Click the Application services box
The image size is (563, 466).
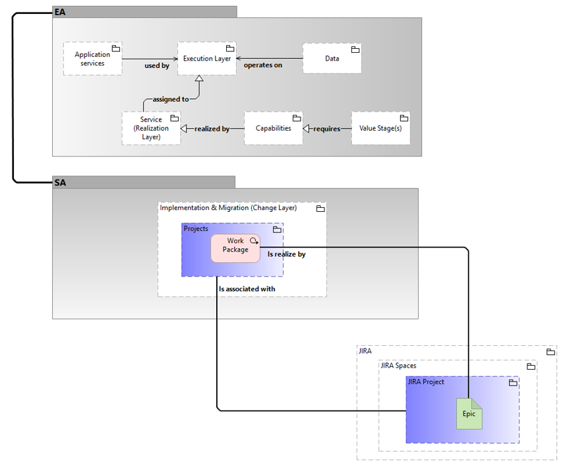point(93,58)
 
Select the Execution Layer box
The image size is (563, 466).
point(207,58)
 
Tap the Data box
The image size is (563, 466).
point(332,58)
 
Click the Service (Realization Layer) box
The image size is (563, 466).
point(151,128)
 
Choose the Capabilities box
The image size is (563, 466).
point(273,128)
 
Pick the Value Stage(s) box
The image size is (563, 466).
point(380,128)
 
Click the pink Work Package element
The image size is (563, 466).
point(235,248)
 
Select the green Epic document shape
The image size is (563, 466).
point(469,413)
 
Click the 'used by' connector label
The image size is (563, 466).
point(157,66)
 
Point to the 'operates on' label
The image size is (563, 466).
point(263,65)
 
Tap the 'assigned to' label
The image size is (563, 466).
point(171,99)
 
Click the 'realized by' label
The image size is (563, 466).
point(212,129)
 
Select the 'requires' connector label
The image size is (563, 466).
point(326,129)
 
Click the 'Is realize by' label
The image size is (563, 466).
point(286,253)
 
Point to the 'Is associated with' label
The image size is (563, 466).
point(247,288)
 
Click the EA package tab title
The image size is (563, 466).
point(59,12)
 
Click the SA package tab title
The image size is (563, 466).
point(59,182)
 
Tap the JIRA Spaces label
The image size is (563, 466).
point(398,366)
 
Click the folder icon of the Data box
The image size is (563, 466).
point(355,50)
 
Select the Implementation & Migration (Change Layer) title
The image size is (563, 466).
point(228,208)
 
